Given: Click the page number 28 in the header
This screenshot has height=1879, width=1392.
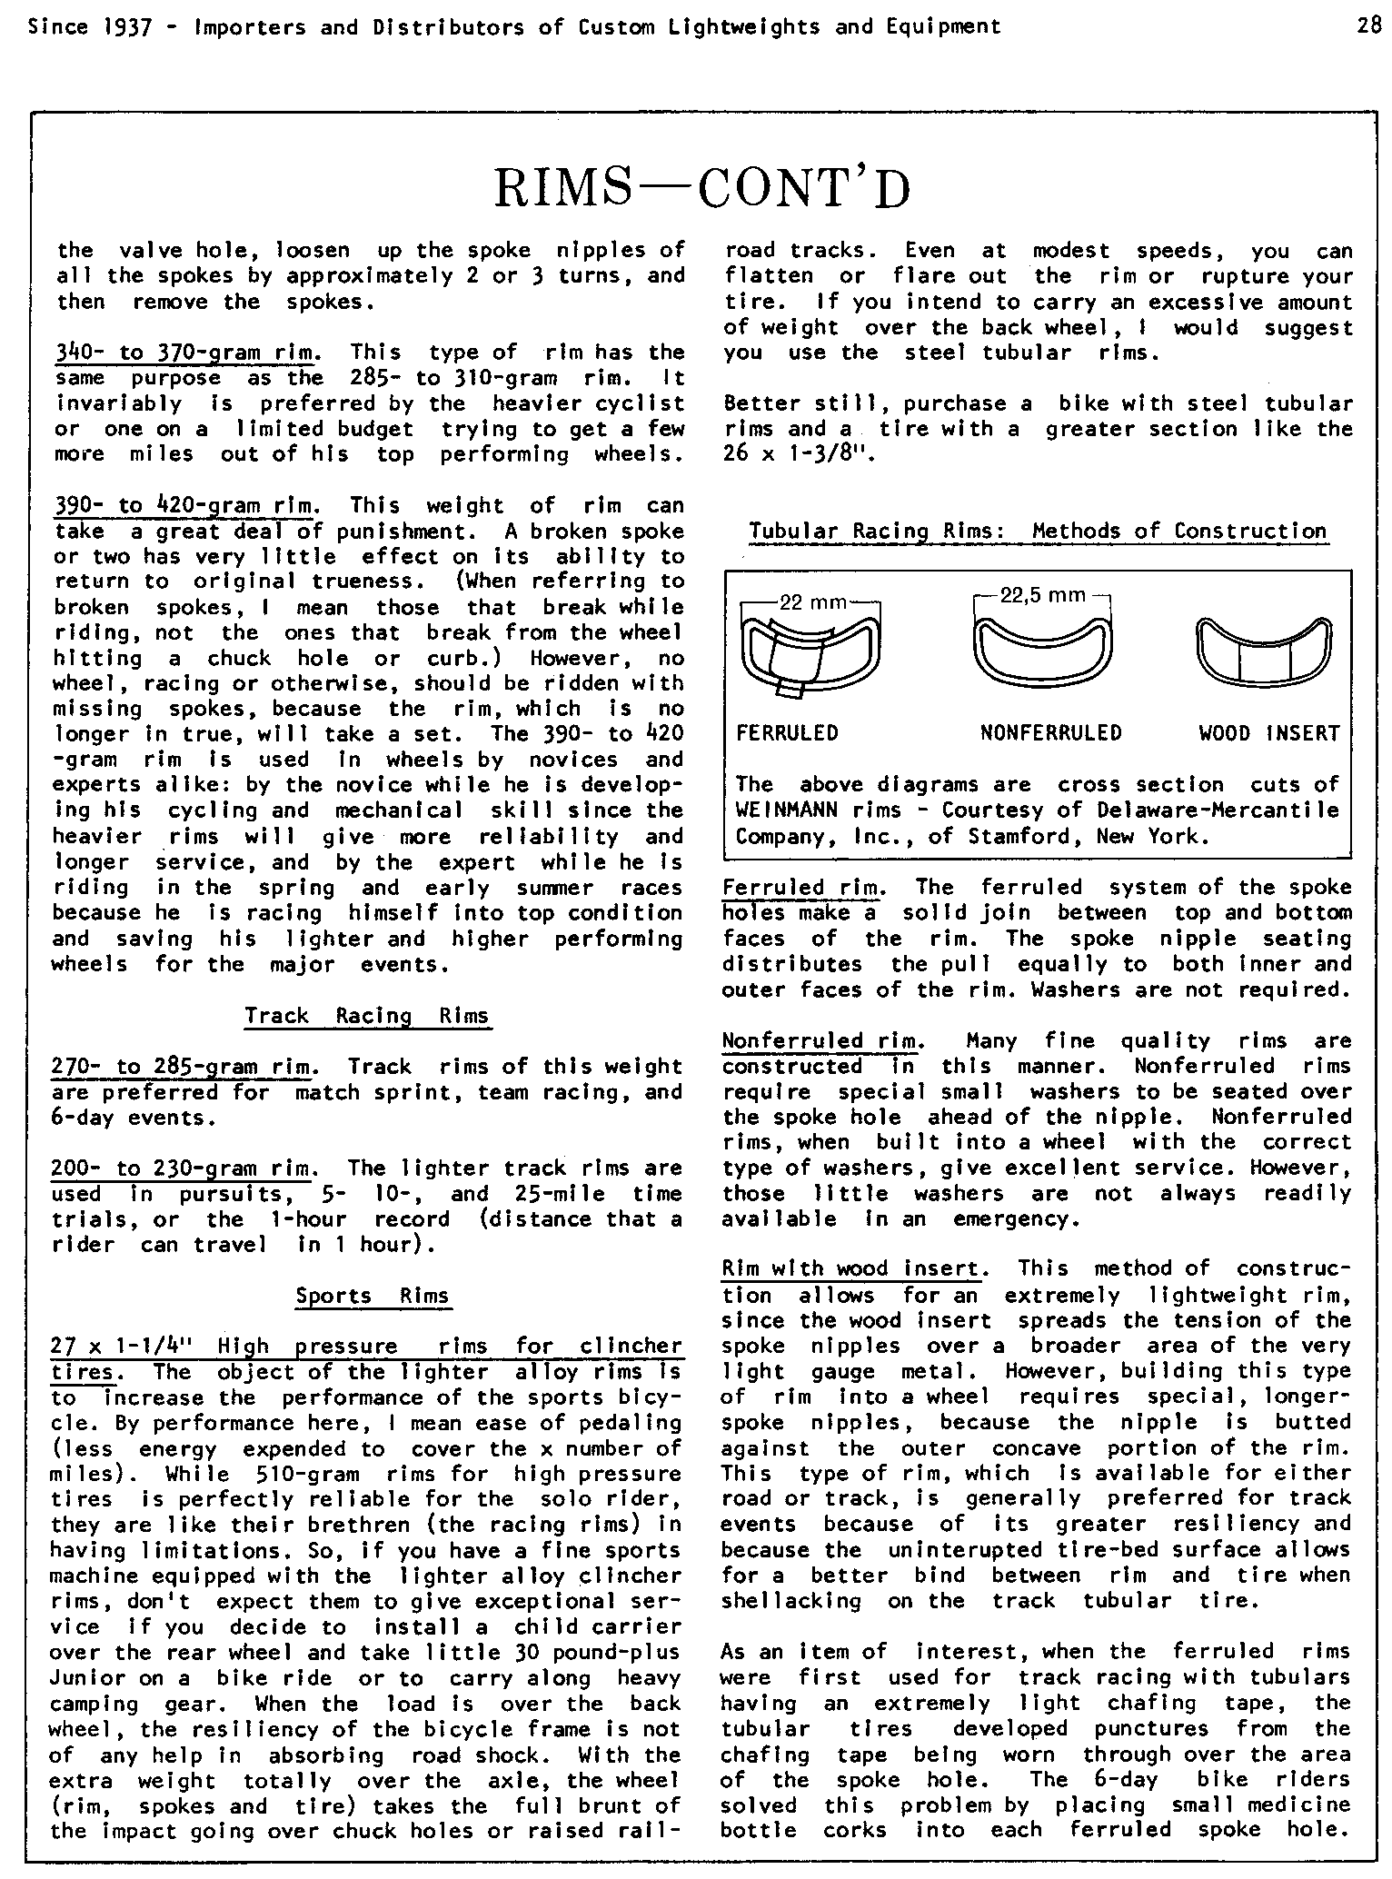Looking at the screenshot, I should pyautogui.click(x=1369, y=26).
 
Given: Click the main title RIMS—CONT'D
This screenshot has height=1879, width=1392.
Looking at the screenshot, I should pyautogui.click(x=701, y=189).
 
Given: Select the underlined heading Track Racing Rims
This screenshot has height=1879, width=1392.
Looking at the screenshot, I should pyautogui.click(x=367, y=1016).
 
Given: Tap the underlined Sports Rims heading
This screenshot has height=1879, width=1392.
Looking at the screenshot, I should pyautogui.click(x=373, y=1296).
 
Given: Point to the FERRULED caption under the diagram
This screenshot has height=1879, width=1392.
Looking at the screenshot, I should pyautogui.click(x=787, y=733).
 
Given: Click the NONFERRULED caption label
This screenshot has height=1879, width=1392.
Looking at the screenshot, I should pyautogui.click(x=1050, y=733).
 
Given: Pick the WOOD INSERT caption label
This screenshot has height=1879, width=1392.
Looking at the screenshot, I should pyautogui.click(x=1268, y=733).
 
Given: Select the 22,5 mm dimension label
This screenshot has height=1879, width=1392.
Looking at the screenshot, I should pyautogui.click(x=1042, y=596).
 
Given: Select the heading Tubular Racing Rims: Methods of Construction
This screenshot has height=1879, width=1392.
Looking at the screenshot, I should pyautogui.click(x=1038, y=531).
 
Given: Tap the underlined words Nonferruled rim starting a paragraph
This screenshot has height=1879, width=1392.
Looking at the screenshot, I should pyautogui.click(x=822, y=1041).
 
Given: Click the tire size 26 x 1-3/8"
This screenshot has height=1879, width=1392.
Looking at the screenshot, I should pyautogui.click(x=798, y=454).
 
